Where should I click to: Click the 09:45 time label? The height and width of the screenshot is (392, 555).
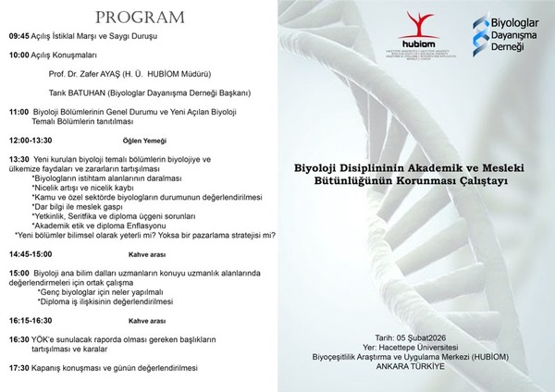coord(19,38)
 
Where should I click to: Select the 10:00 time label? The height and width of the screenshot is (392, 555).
coord(19,55)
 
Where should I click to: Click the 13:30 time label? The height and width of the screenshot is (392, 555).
coord(19,159)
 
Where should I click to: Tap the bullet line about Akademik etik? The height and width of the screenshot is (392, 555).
coord(100,225)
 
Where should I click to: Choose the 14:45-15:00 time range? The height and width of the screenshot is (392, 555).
coord(31,253)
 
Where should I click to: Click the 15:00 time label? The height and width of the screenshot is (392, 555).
coord(19,274)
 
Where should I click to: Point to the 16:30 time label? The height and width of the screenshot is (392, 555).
coord(19,340)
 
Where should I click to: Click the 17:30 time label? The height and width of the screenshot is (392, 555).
coord(19,368)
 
